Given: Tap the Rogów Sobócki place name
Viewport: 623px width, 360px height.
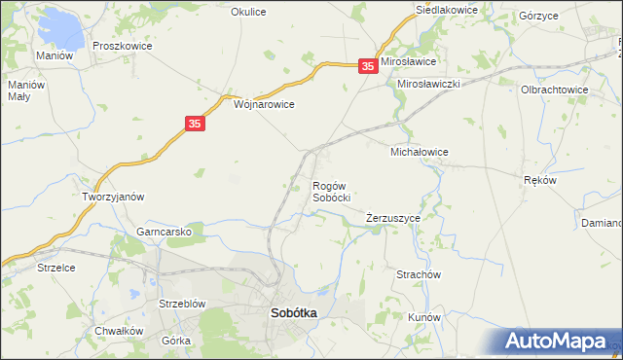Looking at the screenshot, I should point(331,192).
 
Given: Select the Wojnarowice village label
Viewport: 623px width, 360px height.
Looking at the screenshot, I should point(264,103).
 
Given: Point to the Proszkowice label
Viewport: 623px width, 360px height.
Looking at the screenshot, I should point(119,46).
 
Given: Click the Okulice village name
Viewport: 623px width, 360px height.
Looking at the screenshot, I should point(248,12).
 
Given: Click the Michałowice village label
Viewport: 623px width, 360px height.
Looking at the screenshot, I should point(419,153).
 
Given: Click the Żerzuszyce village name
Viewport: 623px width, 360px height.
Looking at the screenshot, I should point(393,219).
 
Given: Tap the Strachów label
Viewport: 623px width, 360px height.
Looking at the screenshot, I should point(420,274).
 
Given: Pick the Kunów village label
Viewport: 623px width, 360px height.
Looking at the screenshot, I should point(424,318).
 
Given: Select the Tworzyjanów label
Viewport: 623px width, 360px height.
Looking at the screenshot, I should point(113,197).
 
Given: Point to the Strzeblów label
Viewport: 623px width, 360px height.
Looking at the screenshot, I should point(181,304).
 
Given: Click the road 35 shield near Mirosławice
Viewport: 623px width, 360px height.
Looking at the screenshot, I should point(367,66).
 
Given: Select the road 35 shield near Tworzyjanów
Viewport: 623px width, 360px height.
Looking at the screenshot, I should point(195,124).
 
